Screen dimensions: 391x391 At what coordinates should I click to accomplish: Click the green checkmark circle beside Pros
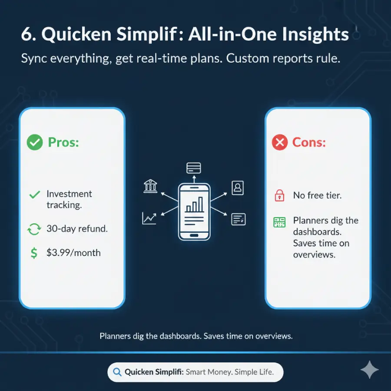point(35,142)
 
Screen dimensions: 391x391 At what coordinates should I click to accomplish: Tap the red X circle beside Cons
point(280,142)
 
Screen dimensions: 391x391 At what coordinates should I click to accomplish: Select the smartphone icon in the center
point(194,211)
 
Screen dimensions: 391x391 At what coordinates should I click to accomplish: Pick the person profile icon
point(238,188)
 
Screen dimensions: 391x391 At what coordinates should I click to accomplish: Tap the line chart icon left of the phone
point(149,218)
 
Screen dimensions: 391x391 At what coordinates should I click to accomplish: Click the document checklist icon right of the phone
point(239,219)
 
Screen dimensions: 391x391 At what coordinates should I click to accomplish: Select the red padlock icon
point(279,195)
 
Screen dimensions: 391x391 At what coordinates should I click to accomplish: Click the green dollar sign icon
point(34,253)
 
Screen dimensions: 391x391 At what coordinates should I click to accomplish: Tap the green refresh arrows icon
point(34,229)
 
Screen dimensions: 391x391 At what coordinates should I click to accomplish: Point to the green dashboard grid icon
point(279,222)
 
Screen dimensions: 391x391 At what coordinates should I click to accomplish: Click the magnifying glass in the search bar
point(116,372)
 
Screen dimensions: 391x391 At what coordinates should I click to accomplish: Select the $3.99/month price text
point(73,252)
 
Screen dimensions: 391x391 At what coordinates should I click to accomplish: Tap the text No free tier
point(317,195)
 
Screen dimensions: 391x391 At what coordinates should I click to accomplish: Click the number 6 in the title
point(27,35)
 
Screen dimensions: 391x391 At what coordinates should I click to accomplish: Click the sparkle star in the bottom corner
point(369,370)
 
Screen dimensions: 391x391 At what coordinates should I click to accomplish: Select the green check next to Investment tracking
point(34,195)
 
